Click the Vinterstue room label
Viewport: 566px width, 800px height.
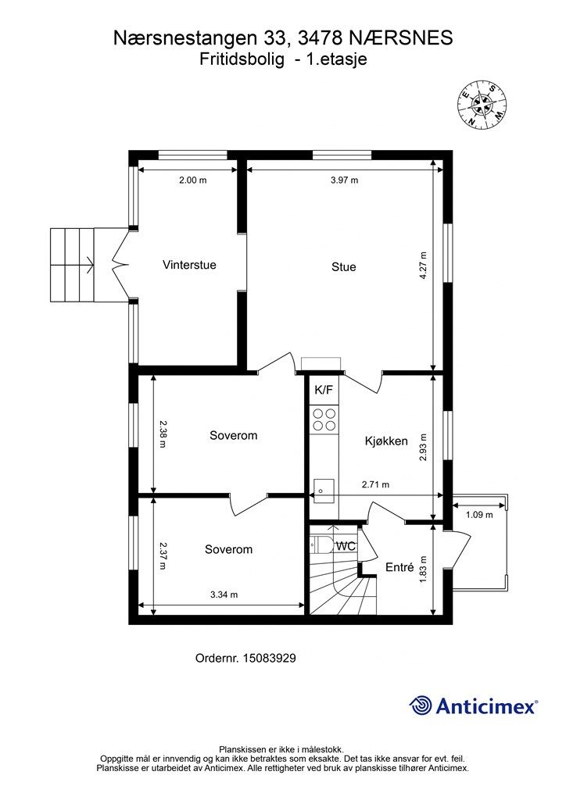click(x=189, y=265)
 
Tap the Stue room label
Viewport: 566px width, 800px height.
click(x=343, y=267)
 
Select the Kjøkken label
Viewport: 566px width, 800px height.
click(x=386, y=441)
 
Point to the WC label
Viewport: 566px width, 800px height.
click(x=346, y=546)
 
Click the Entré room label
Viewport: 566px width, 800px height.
click(x=399, y=567)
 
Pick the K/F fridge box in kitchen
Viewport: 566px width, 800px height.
click(x=324, y=391)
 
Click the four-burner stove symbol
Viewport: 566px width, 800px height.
click(x=324, y=419)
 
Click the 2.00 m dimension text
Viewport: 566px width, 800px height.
click(x=193, y=180)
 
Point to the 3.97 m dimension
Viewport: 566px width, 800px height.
click(x=345, y=180)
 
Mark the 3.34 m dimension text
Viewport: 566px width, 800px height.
click(x=224, y=595)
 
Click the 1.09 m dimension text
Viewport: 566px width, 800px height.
click(x=479, y=515)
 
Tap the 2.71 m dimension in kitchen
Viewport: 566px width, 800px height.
click(x=375, y=484)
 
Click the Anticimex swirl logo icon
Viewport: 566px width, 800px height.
click(x=421, y=706)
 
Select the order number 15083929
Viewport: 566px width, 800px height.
click(x=270, y=659)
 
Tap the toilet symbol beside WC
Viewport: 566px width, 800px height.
click(x=320, y=545)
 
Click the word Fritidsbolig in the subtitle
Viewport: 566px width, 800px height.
click(x=242, y=59)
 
